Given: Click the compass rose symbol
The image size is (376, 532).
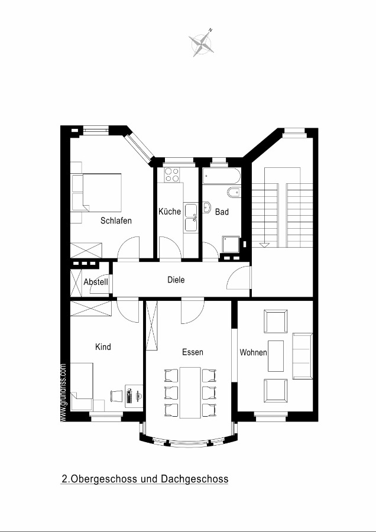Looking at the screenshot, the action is point(202,43).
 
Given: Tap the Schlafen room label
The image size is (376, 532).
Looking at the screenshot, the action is point(116,220).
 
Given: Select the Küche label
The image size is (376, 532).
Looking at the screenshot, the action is point(170,212).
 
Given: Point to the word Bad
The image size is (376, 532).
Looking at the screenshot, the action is point(222,212).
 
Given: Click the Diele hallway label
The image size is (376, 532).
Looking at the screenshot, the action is point(176,280).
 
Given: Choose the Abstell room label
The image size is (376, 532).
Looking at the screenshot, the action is point(96,281).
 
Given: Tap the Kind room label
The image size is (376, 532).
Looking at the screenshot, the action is point(103,347).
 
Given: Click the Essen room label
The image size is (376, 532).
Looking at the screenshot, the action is point(193,352).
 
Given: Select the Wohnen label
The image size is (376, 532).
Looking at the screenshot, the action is point(253,352).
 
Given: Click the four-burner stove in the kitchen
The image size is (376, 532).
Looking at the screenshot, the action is point(172,175).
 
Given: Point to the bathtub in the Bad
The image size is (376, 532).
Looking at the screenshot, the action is point(222,176).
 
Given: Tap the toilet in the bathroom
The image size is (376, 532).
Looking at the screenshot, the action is point(234,193).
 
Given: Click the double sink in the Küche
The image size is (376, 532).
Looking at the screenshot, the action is point(191,217).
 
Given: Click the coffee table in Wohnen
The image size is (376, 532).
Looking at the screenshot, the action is point(275,356).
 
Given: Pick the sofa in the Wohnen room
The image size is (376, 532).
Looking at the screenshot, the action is point(302,356).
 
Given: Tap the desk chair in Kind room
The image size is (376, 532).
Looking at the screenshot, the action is point(116,396).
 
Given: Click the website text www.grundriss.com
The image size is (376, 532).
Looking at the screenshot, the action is point(63,392).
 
